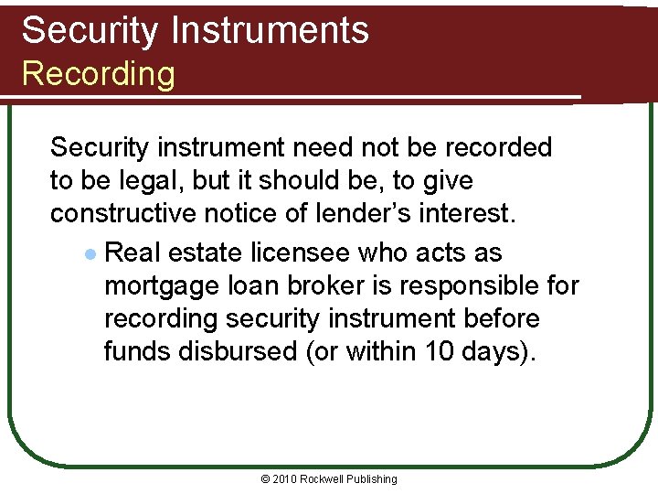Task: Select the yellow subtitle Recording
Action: [x=98, y=73]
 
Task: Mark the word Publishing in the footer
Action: [x=374, y=478]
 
